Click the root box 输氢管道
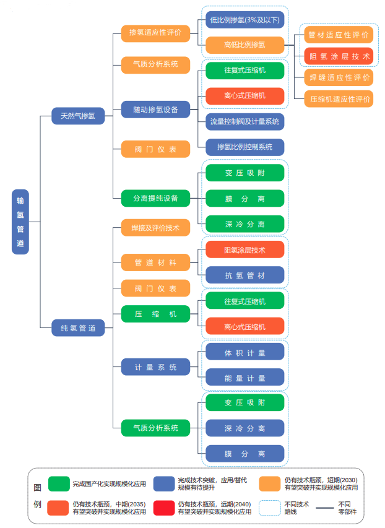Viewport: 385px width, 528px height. (x=20, y=222)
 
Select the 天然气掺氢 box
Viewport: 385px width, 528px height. (x=78, y=116)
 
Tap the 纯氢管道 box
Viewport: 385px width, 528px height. (x=78, y=328)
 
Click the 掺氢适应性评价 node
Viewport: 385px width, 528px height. (x=155, y=33)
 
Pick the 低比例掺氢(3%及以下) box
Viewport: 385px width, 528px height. (x=245, y=20)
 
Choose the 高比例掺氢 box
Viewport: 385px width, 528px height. (x=245, y=45)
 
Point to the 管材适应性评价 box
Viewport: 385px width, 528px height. (x=339, y=34)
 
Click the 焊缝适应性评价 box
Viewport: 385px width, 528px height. (x=339, y=77)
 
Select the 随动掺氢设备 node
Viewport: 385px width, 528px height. (x=155, y=110)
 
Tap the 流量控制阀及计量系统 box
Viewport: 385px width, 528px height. (x=245, y=121)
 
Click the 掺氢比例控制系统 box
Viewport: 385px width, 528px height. (x=245, y=147)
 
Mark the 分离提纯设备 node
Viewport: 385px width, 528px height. (x=155, y=198)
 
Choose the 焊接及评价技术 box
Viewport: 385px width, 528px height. (x=155, y=228)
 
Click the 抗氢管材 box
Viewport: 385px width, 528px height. (x=245, y=275)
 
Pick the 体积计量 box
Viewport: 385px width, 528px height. (x=245, y=352)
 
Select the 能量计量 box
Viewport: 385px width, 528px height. (x=245, y=378)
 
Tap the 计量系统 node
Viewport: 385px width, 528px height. (x=155, y=367)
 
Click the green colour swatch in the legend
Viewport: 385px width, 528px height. (x=59, y=483)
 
